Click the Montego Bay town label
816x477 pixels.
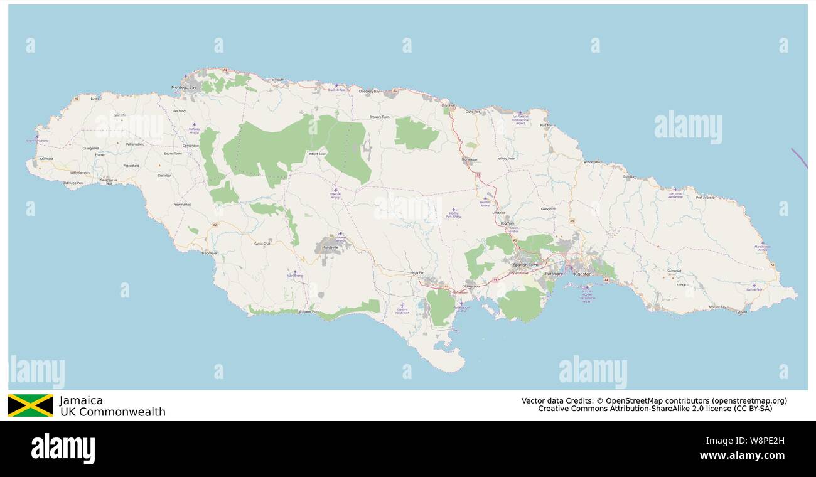pyautogui.click(x=184, y=88)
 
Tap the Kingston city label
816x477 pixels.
pyautogui.click(x=582, y=274)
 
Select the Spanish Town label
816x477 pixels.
pyautogui.click(x=525, y=265)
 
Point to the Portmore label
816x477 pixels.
pyautogui.click(x=554, y=274)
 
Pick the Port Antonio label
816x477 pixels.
pyautogui.click(x=706, y=198)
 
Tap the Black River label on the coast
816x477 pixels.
pyautogui.click(x=210, y=253)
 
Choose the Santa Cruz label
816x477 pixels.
pyautogui.click(x=262, y=243)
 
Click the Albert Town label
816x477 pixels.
pyautogui.click(x=318, y=153)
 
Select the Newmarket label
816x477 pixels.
pyautogui.click(x=182, y=205)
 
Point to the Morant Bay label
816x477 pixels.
pyautogui.click(x=717, y=307)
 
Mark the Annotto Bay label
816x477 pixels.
pyautogui.click(x=593, y=163)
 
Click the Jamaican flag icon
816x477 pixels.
pyautogui.click(x=30, y=405)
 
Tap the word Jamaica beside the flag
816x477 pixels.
pyautogui.click(x=81, y=400)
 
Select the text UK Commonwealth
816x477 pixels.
pyautogui.click(x=112, y=412)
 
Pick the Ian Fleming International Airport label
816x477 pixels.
pyautogui.click(x=520, y=119)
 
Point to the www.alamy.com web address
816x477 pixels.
pyautogui.click(x=742, y=456)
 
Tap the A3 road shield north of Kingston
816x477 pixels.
pyautogui.click(x=572, y=221)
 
